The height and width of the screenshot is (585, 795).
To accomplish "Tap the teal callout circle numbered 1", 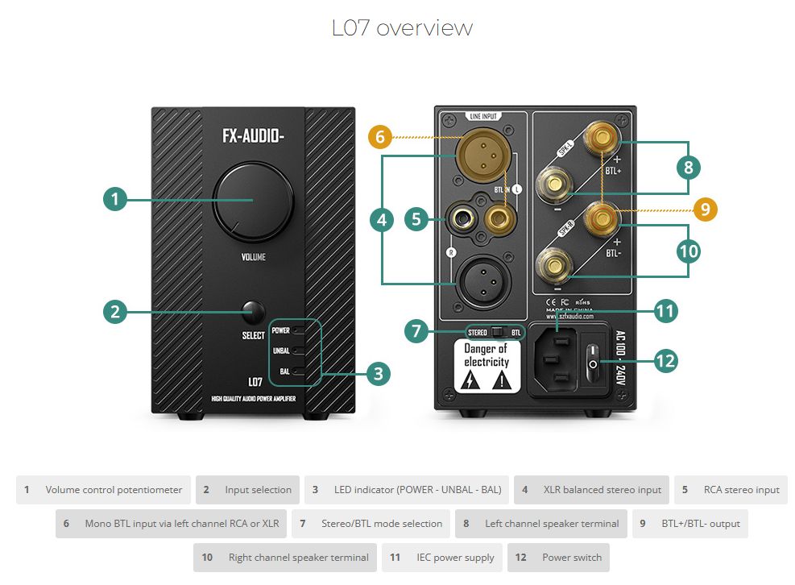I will (116, 199).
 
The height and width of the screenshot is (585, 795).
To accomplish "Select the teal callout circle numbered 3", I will (378, 373).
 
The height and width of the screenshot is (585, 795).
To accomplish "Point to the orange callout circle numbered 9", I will (704, 210).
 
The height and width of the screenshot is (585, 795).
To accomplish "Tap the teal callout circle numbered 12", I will (665, 360).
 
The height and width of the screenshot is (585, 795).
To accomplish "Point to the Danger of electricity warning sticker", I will (487, 366).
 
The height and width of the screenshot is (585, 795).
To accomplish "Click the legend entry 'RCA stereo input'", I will (731, 489).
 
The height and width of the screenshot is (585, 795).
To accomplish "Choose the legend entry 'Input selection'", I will (247, 489).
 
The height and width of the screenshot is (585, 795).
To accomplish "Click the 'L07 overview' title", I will (402, 28).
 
